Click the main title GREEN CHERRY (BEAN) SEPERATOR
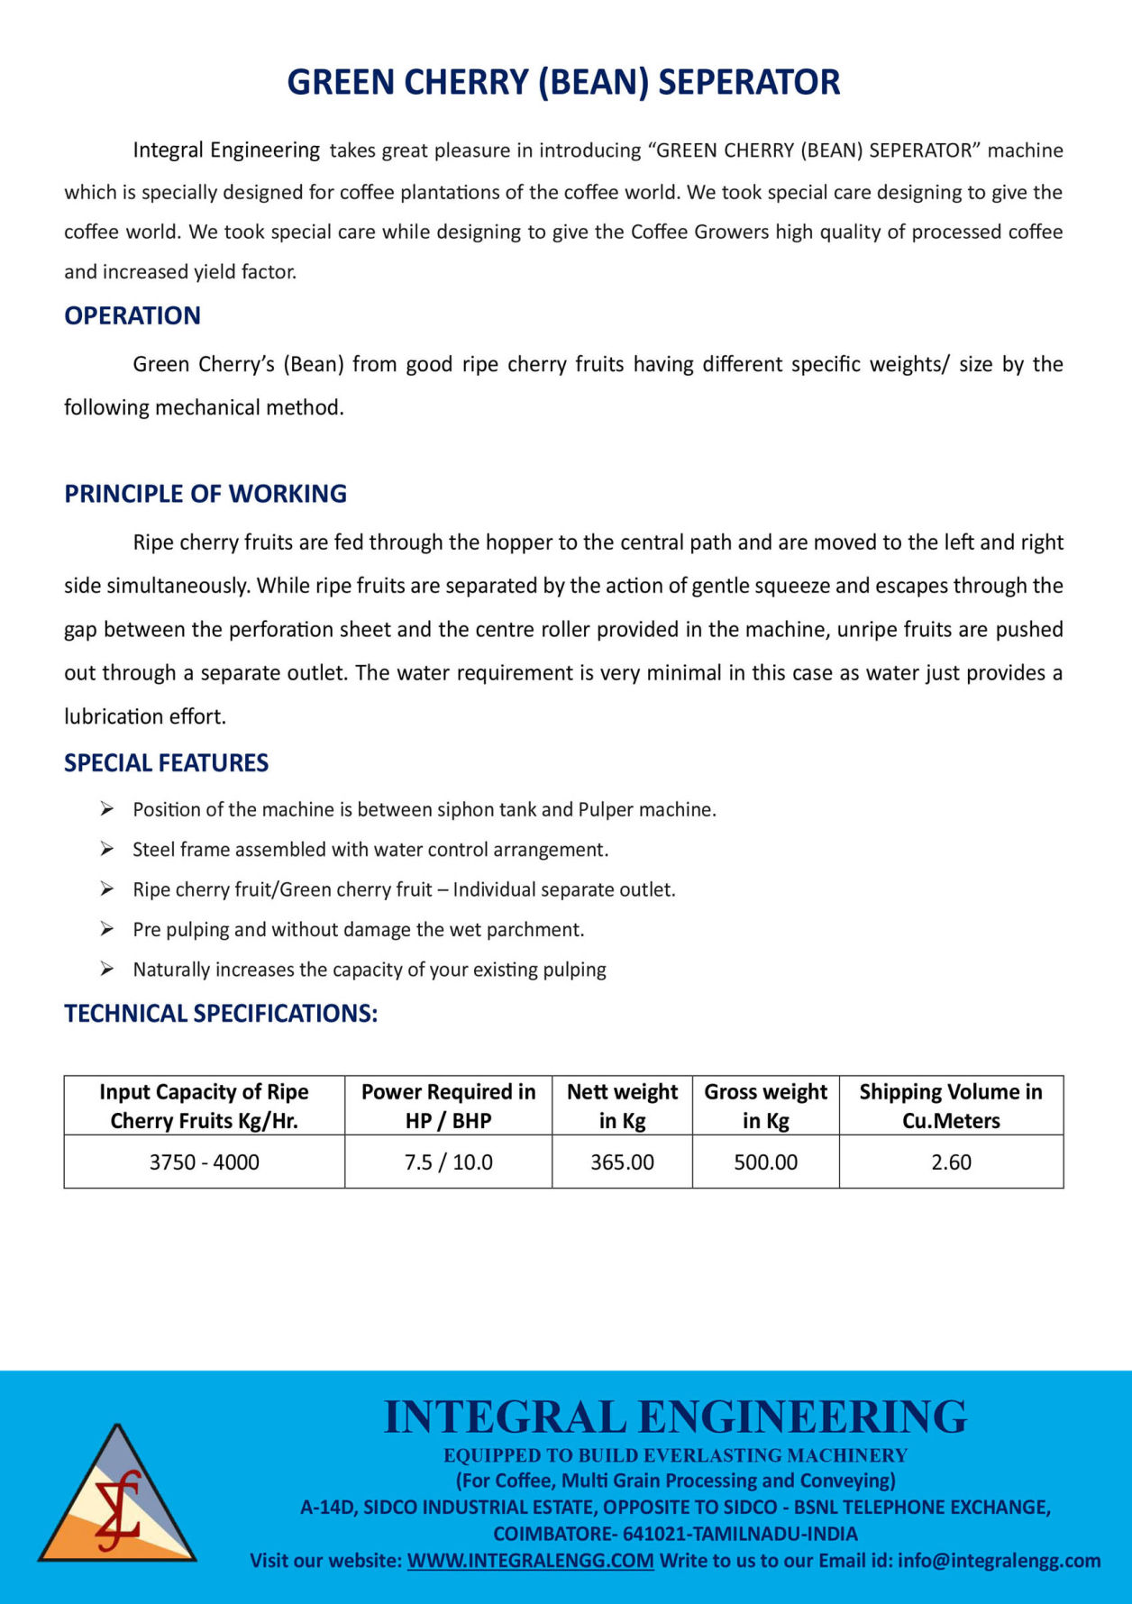[x=563, y=82]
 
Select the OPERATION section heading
[x=132, y=315]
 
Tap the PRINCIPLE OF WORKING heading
[x=205, y=494]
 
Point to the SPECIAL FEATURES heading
[x=166, y=763]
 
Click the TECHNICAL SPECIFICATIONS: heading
[x=221, y=1014]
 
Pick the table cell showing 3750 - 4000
[x=204, y=1162]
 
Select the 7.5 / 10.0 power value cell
[x=448, y=1162]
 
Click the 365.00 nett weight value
[x=622, y=1162]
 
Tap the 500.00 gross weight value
[x=765, y=1162]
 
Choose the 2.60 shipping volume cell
[x=951, y=1162]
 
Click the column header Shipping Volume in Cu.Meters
[x=951, y=1106]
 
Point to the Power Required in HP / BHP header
[x=448, y=1106]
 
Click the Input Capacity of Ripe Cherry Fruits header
[x=204, y=1106]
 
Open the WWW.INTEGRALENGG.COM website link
[x=530, y=1561]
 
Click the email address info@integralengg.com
[x=999, y=1561]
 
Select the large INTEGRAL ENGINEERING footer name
[x=675, y=1417]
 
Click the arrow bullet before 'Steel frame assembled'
[x=107, y=849]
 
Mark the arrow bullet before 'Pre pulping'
[x=107, y=929]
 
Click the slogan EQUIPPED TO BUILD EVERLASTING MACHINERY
[x=675, y=1455]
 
